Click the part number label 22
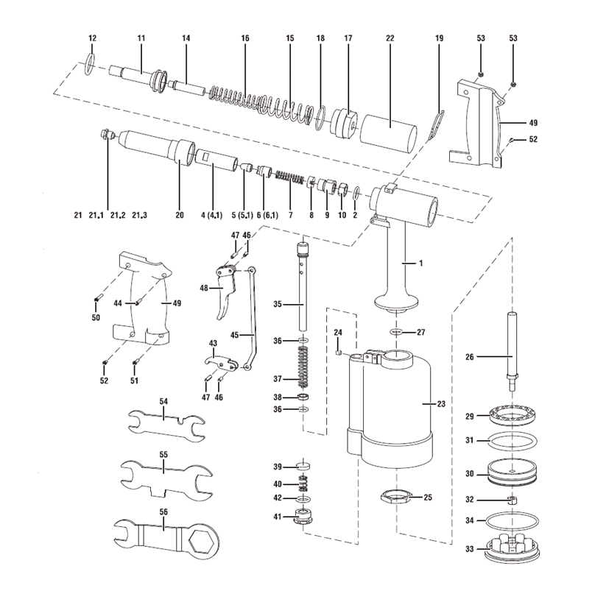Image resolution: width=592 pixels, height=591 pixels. [390, 38]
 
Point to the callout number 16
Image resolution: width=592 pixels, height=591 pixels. [245, 38]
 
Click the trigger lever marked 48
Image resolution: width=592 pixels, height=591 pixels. [225, 291]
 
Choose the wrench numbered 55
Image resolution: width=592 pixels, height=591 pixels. [163, 477]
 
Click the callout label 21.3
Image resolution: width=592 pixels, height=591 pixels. [140, 215]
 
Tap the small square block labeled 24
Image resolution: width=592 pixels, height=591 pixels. [338, 352]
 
